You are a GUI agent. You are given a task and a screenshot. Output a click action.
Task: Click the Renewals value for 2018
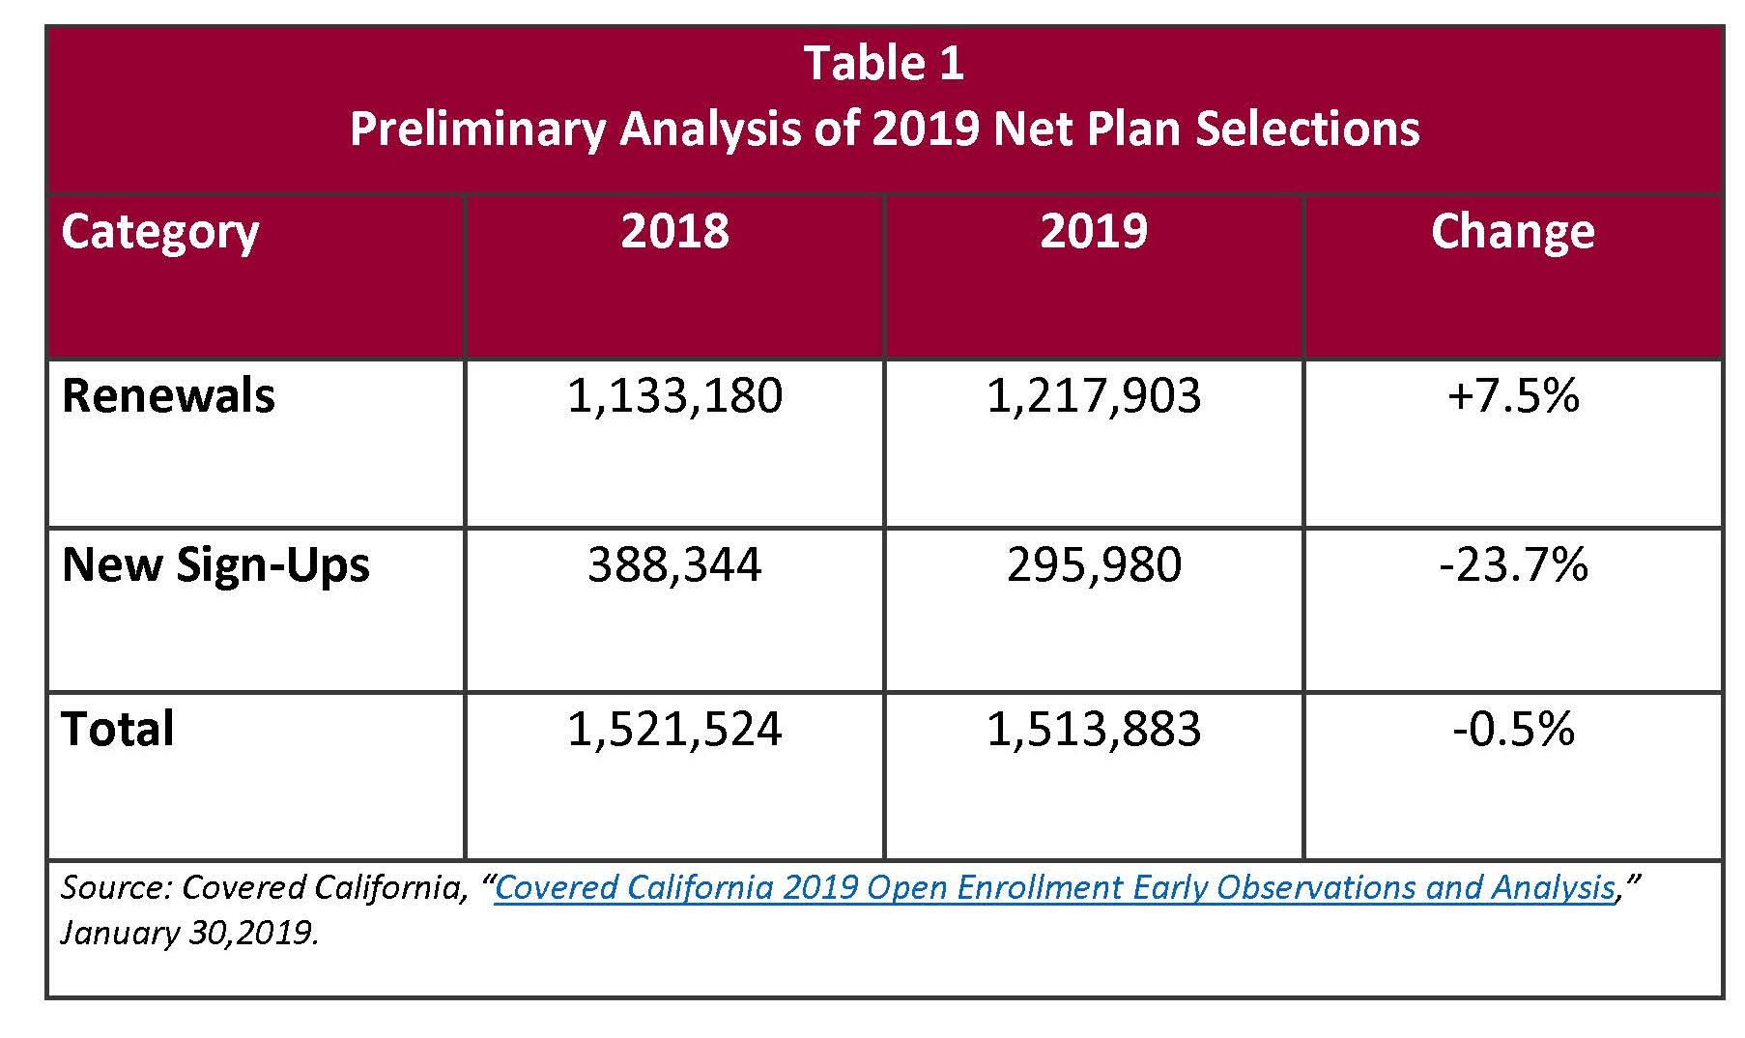pos(674,396)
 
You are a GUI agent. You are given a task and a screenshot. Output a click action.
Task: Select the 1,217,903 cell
pos(1094,396)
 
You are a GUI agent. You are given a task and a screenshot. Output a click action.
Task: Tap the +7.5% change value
pos(1513,396)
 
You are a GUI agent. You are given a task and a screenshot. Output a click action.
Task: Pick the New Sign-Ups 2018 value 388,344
pos(674,564)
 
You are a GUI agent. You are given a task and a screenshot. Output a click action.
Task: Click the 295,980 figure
pos(1094,564)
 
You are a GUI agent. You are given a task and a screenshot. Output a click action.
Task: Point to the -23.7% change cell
pos(1513,564)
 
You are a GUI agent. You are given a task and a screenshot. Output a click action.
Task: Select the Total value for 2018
pos(674,729)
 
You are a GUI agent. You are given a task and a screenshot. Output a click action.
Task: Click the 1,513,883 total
pos(1094,729)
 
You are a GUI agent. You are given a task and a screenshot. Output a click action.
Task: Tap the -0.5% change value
pos(1513,729)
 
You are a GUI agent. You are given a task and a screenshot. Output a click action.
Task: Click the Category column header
pos(160,233)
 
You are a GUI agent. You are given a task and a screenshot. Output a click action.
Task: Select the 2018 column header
pos(674,231)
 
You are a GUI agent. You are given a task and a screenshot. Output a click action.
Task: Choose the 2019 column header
pos(1094,231)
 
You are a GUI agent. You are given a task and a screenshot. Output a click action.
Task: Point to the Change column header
pos(1513,231)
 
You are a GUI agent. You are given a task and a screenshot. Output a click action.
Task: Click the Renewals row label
pos(168,396)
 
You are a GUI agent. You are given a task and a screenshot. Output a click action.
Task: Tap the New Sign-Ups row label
pos(215,565)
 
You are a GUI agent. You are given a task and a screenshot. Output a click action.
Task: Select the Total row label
pos(118,729)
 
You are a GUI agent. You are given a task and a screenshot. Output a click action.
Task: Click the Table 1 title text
pos(884,64)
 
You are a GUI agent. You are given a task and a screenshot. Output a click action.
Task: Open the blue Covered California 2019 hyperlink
pos(1055,887)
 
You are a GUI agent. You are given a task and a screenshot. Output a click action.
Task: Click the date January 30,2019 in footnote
pos(189,934)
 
